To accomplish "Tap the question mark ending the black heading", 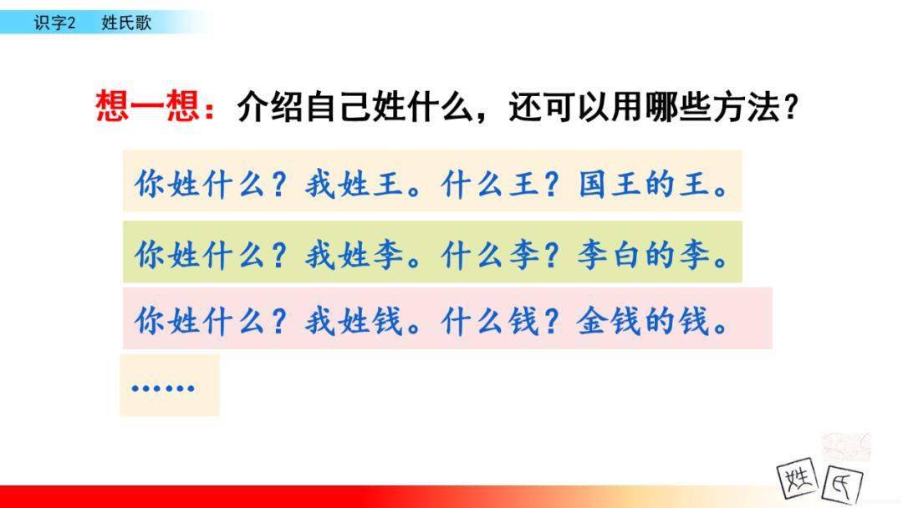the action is [791, 106].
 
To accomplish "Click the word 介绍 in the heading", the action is [269, 106].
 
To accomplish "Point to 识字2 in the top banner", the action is [54, 23].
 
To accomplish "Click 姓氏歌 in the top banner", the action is [126, 23].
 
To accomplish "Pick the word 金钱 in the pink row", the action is [610, 321].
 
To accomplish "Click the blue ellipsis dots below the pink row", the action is [163, 388].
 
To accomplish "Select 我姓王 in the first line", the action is [355, 185].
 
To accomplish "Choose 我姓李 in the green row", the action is [355, 255].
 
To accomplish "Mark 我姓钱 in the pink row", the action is [355, 321].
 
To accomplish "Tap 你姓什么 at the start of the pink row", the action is [199, 321].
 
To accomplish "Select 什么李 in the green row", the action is [491, 255].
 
